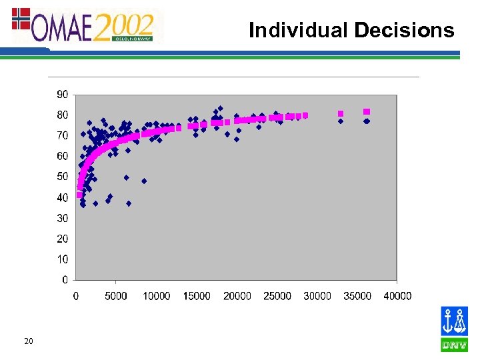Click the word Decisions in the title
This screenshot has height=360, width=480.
click(404, 30)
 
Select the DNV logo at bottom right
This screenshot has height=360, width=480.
click(454, 329)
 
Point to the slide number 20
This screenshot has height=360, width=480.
click(28, 342)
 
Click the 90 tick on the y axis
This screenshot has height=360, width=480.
click(61, 95)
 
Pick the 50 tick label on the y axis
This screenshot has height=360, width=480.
click(61, 177)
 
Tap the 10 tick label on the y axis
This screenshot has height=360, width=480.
click(61, 259)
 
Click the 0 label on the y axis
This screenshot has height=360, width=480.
click(64, 279)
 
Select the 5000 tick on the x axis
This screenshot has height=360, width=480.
click(115, 295)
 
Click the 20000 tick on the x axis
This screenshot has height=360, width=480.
click(237, 295)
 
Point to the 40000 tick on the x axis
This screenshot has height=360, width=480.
click(398, 295)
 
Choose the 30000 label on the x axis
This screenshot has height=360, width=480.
click(317, 295)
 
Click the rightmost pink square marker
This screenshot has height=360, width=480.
click(367, 111)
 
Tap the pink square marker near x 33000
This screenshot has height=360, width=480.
click(341, 113)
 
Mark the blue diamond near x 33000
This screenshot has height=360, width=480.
click(341, 121)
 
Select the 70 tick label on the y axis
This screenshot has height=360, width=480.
click(61, 136)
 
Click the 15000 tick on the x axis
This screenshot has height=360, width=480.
click(196, 295)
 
